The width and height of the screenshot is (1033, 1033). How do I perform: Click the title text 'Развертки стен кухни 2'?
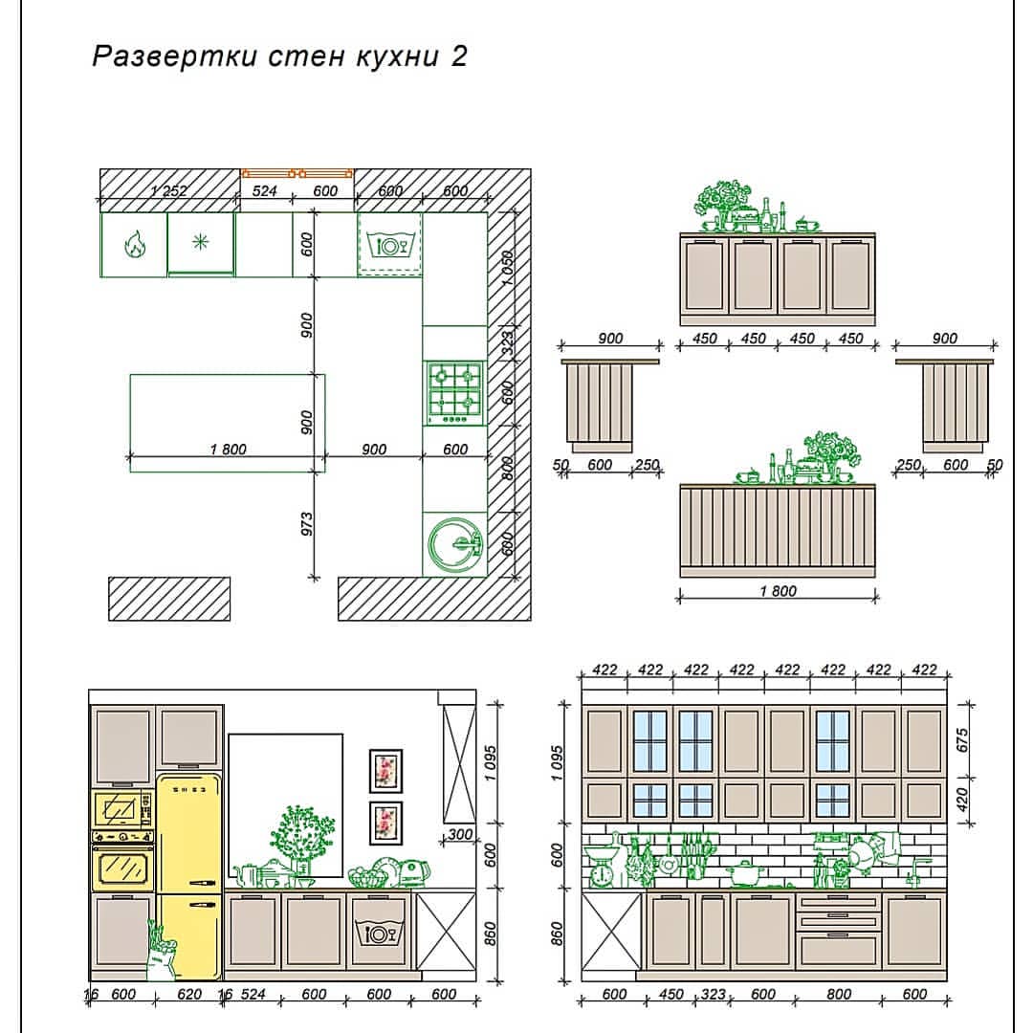(279, 56)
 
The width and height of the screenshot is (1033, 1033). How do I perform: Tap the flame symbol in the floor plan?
(135, 245)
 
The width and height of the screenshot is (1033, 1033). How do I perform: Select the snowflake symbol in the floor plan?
(200, 242)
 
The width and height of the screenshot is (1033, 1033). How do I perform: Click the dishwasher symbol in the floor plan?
(389, 246)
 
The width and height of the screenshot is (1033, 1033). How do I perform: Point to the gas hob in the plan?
(454, 393)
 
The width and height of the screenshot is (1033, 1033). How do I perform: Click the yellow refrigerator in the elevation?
(189, 875)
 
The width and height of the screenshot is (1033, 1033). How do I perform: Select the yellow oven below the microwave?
(123, 860)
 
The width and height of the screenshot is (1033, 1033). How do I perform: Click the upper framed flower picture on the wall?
(385, 771)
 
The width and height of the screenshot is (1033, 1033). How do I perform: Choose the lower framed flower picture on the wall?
(385, 823)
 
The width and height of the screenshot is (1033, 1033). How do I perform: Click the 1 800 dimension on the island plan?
(228, 450)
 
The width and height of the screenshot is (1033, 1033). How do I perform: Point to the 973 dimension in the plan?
(307, 524)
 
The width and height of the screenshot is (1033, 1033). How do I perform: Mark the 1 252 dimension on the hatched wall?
(168, 191)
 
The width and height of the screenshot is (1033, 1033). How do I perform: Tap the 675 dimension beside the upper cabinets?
(962, 739)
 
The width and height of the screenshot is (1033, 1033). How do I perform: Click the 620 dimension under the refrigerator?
(189, 994)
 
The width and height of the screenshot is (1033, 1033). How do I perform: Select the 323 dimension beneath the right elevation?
(713, 994)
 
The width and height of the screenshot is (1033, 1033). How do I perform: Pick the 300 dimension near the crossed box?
(460, 835)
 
